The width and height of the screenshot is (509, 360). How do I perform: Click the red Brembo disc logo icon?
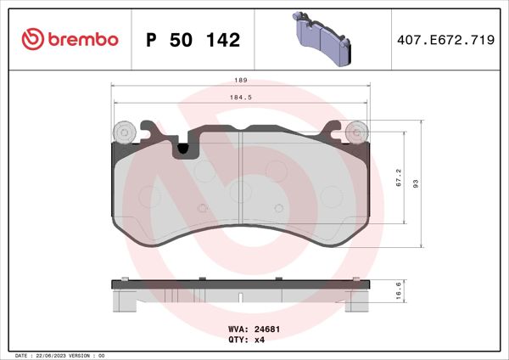[31, 39]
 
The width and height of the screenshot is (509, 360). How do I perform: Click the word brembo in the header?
[81, 39]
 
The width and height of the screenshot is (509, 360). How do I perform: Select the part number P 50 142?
[193, 40]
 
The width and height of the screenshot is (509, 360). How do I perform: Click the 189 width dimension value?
[241, 80]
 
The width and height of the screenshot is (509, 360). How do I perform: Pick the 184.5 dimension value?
[241, 99]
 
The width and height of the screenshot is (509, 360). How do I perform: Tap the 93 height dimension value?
[417, 185]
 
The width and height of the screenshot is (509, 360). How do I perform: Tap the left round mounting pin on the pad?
[124, 132]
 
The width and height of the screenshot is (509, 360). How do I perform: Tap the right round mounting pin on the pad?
[357, 132]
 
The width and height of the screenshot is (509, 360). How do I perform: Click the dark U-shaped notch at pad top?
[183, 150]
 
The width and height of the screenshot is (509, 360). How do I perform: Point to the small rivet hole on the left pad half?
[202, 208]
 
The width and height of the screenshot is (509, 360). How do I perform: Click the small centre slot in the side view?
[242, 297]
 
